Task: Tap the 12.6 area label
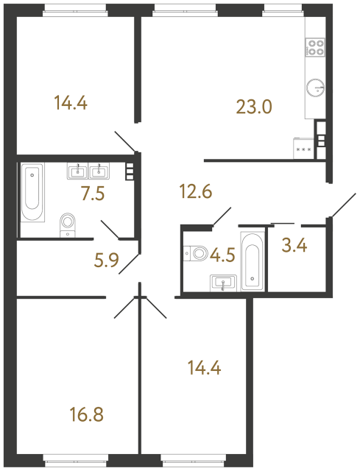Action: (x=196, y=194)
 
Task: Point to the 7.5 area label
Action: (x=93, y=194)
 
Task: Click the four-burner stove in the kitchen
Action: (x=316, y=47)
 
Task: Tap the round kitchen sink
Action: (x=315, y=87)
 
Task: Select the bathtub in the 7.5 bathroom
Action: (x=32, y=194)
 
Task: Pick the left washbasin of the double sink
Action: (x=78, y=172)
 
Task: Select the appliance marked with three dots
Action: (x=303, y=147)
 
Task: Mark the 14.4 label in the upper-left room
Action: (x=71, y=103)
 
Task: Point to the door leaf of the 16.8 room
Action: (x=125, y=308)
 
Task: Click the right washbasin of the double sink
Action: (x=99, y=172)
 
